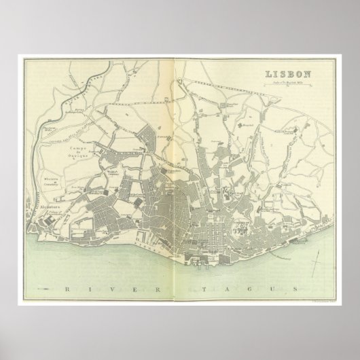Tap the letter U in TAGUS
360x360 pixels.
point(281,272)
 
